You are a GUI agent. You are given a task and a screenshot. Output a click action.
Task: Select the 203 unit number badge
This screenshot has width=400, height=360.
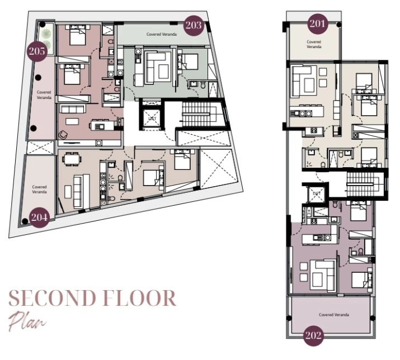click(194, 25)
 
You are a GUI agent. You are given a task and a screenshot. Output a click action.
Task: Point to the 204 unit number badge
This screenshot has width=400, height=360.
click(39, 216)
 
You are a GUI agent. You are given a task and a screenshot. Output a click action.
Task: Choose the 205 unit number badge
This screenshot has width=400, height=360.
click(36, 51)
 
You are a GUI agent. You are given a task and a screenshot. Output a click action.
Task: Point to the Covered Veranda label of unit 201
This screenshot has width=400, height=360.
click(314, 44)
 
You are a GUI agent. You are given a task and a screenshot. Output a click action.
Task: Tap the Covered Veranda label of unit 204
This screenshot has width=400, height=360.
click(39, 189)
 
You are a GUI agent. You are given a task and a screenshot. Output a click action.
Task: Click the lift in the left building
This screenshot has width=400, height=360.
click(150, 117)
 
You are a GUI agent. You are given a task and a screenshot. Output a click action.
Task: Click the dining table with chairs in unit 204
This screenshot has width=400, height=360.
click(70, 159)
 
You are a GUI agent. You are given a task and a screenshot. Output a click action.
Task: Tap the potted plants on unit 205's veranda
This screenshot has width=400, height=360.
click(46, 38)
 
